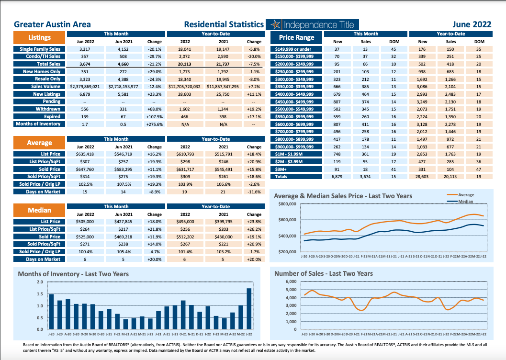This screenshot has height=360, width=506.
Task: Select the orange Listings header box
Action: tap(39, 37)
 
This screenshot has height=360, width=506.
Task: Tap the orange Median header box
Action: tap(39, 210)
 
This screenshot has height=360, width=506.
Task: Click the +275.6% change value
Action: tap(154, 124)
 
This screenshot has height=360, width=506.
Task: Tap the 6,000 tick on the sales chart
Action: tap(291, 281)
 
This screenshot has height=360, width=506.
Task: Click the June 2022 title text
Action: tap(472, 24)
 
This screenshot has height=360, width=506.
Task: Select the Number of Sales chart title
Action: tap(323, 273)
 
